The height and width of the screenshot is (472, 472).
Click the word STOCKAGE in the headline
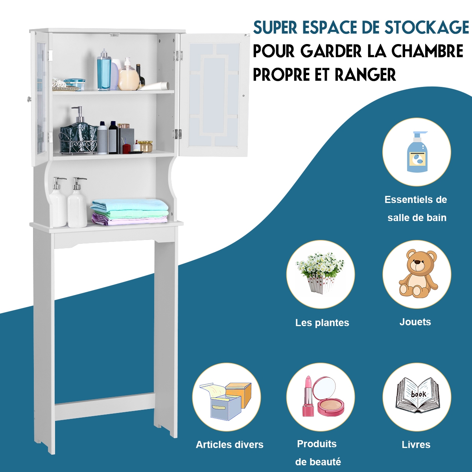(427, 28)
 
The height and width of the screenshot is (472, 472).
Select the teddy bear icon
(418, 274)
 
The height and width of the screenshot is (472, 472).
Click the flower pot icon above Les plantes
(320, 272)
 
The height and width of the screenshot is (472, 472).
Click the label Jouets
(415, 322)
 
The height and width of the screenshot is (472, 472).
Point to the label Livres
(416, 445)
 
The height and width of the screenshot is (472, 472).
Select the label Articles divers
(230, 445)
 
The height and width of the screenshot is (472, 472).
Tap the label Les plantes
(322, 323)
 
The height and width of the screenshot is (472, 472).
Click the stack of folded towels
(130, 212)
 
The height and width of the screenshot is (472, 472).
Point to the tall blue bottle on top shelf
(104, 71)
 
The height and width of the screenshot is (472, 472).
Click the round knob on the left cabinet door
(29, 99)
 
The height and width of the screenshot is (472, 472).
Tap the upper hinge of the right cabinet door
(179, 55)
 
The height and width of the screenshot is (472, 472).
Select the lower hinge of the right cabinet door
(178, 134)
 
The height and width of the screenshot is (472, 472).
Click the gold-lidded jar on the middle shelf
(145, 146)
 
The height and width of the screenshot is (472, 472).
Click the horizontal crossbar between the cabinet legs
(104, 406)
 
